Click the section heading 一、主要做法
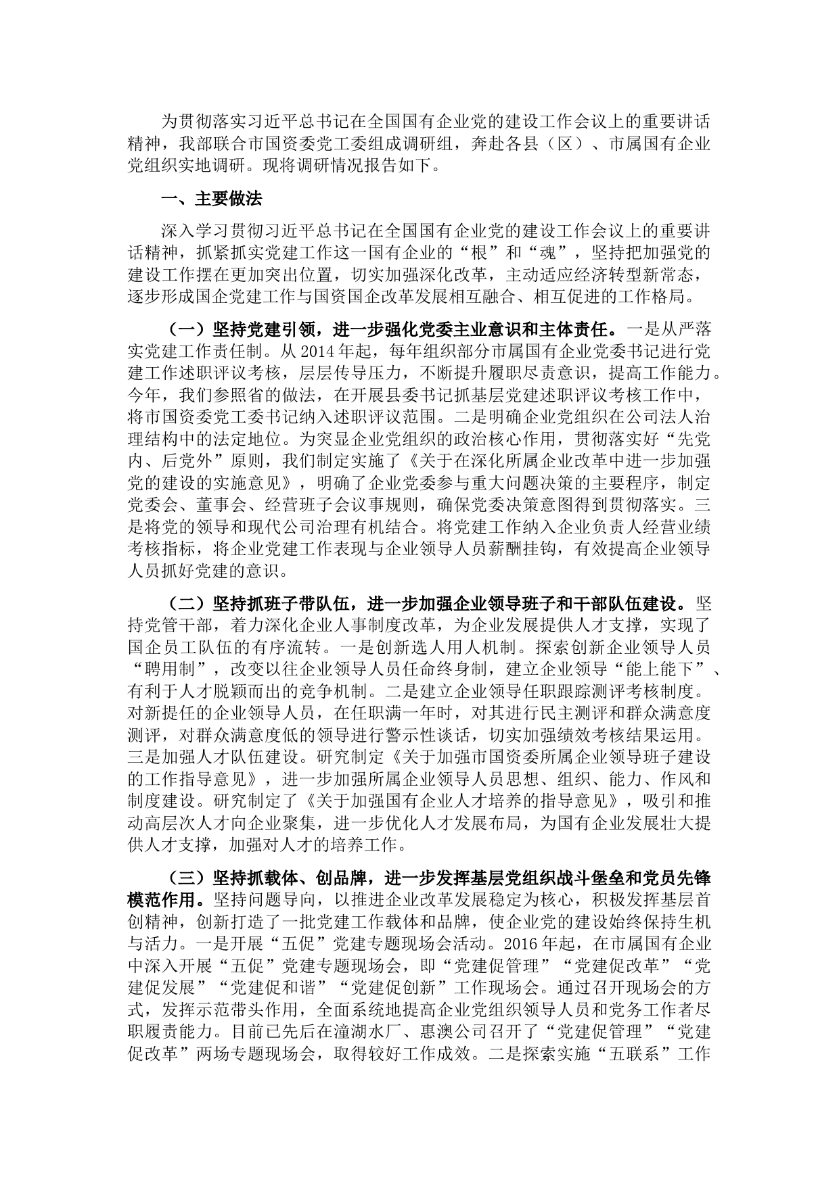click(x=210, y=199)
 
